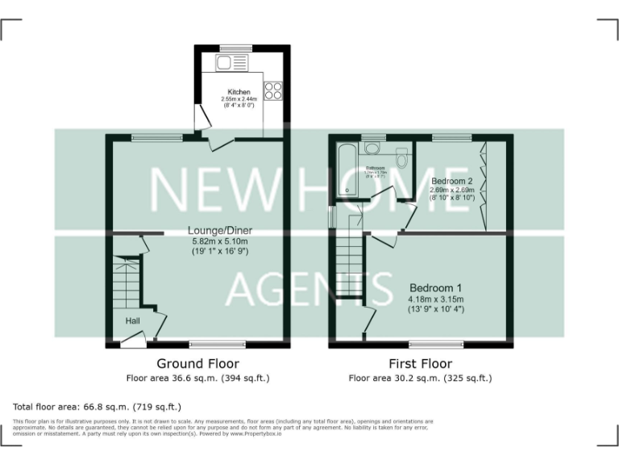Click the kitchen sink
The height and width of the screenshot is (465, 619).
point(229,63)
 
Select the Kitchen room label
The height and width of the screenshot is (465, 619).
point(239,93)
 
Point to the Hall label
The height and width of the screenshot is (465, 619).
point(133,320)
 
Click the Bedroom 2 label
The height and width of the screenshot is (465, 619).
point(451,181)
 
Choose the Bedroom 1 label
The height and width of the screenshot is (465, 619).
point(436,288)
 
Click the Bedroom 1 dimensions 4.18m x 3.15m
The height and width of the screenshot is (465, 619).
point(436,300)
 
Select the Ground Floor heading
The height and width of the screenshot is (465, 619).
point(197,364)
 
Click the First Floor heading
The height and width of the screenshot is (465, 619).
point(420,364)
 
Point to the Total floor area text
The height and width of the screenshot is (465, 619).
point(98,407)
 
